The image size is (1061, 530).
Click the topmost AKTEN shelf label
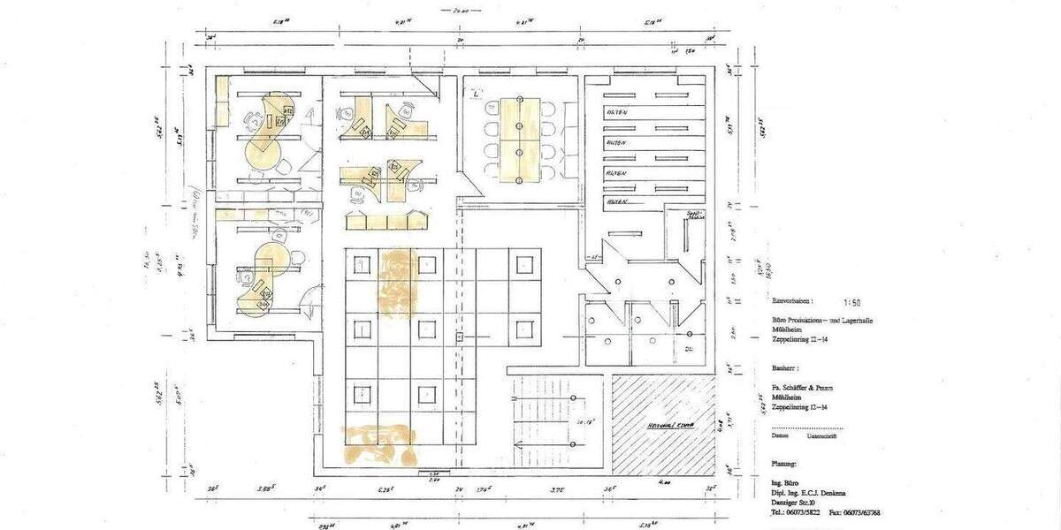point(616,113)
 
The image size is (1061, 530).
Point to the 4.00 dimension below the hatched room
point(664,483)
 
